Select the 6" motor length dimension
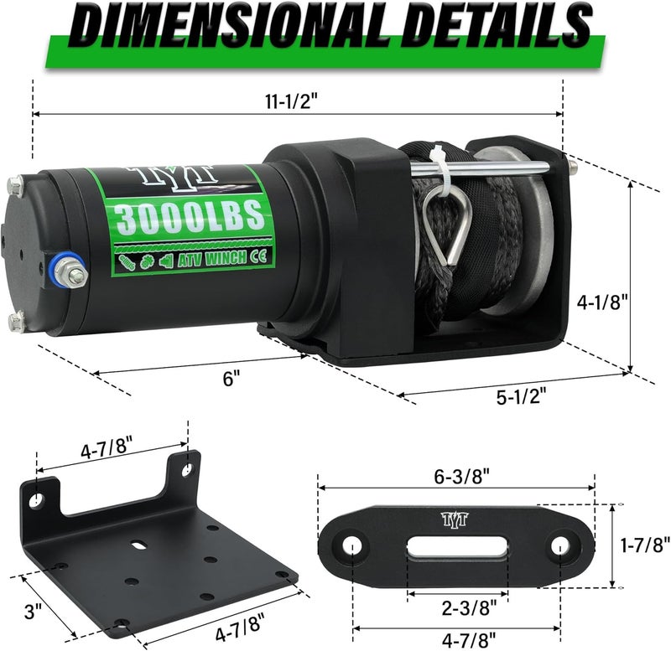(231, 377)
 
